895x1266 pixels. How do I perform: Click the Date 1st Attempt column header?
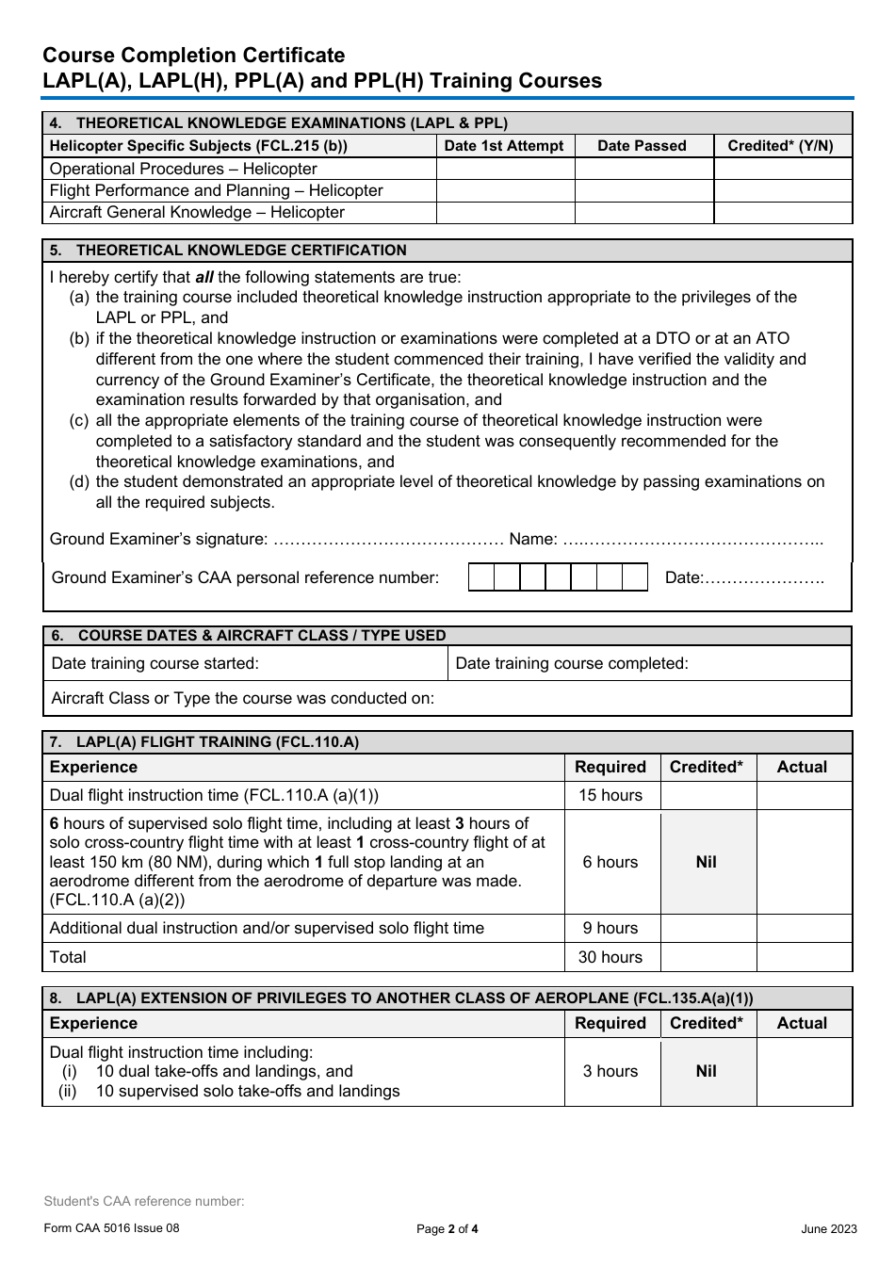click(504, 146)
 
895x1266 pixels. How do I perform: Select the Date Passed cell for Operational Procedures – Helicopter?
click(643, 169)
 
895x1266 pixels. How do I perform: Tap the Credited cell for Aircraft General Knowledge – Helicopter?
click(783, 212)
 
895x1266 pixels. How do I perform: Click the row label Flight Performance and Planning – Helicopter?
click(216, 190)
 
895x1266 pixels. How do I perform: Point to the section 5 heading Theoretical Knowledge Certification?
click(241, 251)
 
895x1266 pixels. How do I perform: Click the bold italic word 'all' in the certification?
click(204, 277)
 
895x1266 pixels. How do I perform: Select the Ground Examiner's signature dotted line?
click(387, 540)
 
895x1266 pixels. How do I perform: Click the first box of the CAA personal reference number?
click(481, 577)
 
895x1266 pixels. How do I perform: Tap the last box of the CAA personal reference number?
click(635, 577)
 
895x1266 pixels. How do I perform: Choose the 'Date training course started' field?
click(245, 663)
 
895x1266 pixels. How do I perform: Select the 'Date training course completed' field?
click(650, 663)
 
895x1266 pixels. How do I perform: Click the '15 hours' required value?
click(610, 795)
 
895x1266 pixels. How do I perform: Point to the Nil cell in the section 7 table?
click(707, 862)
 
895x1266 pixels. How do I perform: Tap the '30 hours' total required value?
click(610, 957)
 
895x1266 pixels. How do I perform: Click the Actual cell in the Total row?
click(804, 957)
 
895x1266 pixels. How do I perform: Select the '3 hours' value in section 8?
click(610, 1071)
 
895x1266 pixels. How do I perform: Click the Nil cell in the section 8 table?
click(707, 1071)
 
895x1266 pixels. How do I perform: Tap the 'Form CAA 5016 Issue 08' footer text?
click(111, 1228)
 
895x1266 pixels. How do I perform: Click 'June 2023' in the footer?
click(829, 1228)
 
